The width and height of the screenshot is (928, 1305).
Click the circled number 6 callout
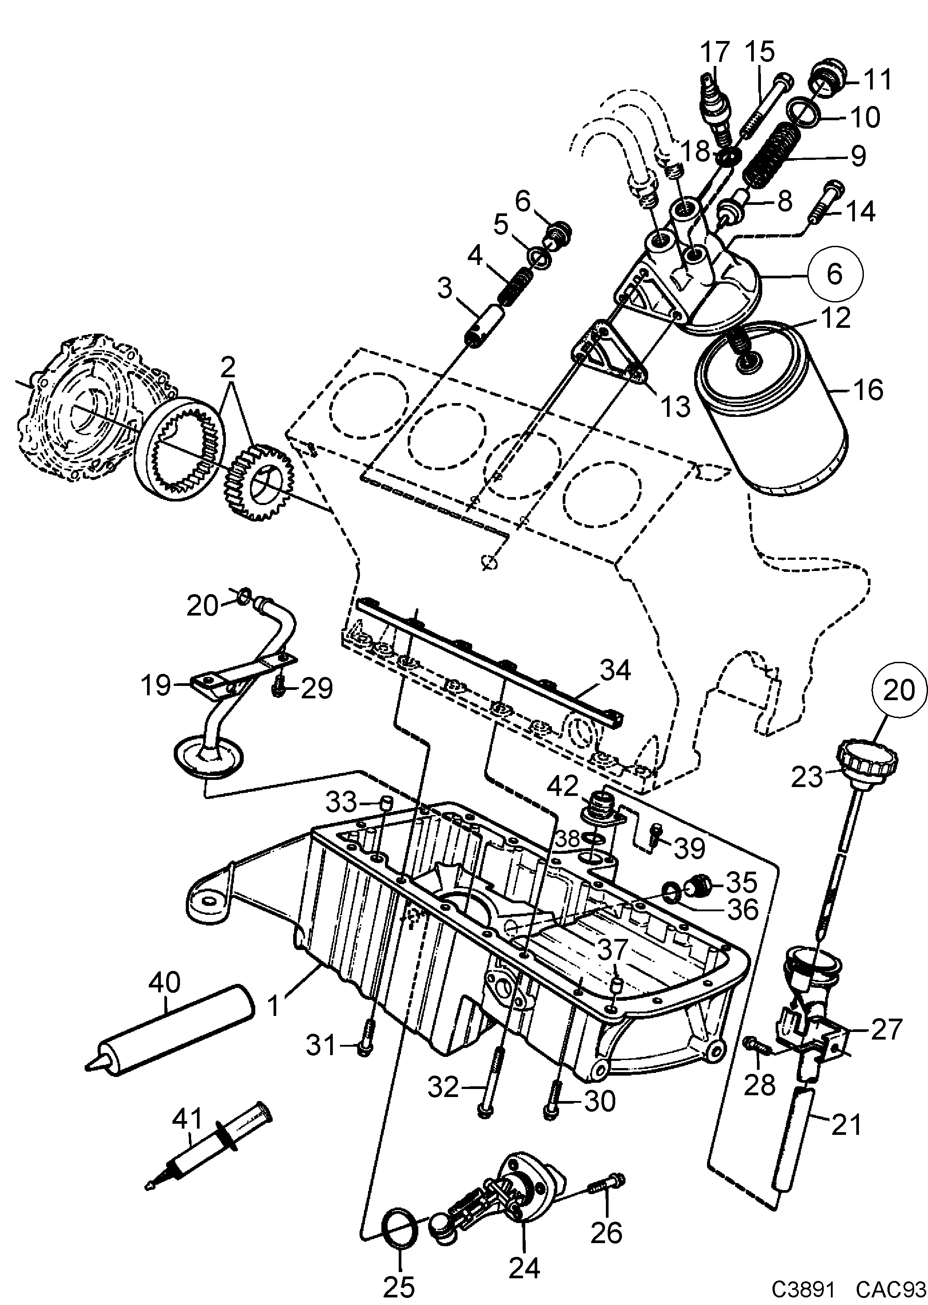[x=834, y=275]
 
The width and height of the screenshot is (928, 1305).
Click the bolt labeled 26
[x=607, y=1186]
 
